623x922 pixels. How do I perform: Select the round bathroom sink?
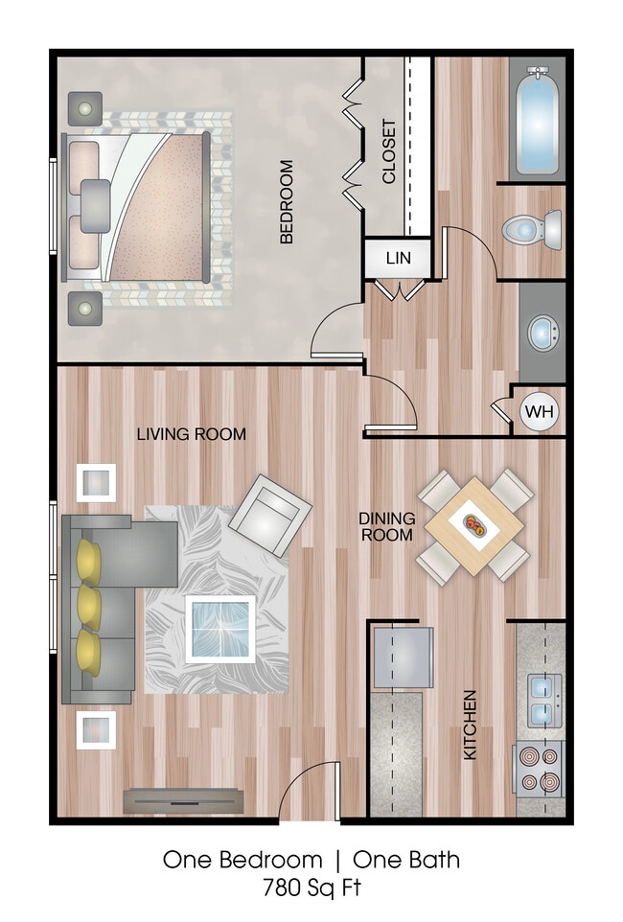point(543,333)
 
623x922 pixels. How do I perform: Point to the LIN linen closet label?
point(398,258)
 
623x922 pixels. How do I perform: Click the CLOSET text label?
point(389,151)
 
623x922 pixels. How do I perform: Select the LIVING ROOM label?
point(191,434)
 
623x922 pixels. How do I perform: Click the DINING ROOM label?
point(387,526)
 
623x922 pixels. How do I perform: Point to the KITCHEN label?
point(471,725)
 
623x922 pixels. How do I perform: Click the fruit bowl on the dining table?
point(475,525)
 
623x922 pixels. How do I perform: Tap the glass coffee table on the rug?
point(220,627)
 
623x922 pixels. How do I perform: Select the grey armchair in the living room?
point(269,516)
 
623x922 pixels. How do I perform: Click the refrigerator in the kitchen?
point(403,657)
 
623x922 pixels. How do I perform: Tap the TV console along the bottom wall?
point(181,799)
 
